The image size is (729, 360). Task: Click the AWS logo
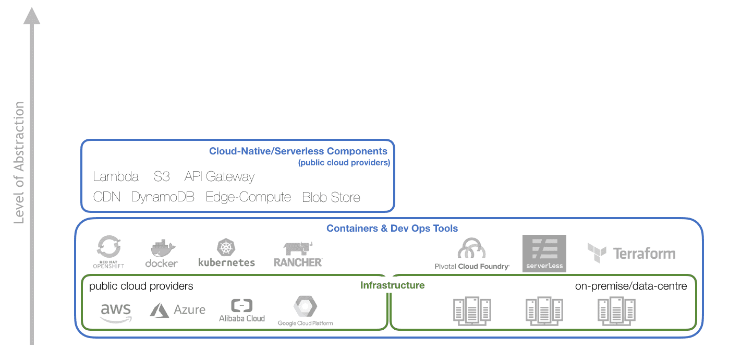tap(116, 312)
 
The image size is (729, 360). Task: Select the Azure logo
tap(177, 310)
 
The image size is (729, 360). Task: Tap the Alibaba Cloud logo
tap(242, 310)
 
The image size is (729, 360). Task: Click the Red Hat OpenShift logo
tap(108, 253)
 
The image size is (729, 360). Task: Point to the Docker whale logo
tap(162, 254)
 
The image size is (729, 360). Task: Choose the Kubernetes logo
tap(227, 253)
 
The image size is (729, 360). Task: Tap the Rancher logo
tap(298, 254)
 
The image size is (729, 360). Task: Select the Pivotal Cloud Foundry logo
tap(472, 254)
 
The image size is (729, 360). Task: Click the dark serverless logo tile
tap(544, 254)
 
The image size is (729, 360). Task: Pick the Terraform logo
tap(631, 254)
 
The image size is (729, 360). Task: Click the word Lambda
tap(115, 177)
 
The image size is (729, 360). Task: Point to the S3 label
tap(162, 177)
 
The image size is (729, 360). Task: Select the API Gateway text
tap(220, 177)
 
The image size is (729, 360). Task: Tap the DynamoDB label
tap(163, 197)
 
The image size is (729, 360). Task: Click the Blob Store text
tap(331, 198)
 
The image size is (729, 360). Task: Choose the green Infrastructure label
tap(392, 285)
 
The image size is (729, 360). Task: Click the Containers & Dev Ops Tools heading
tap(392, 229)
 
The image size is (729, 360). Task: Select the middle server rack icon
tap(544, 311)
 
